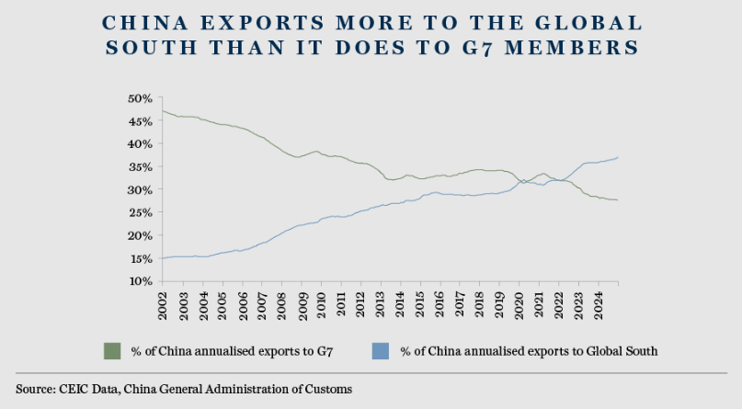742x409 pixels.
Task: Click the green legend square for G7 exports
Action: pyautogui.click(x=112, y=350)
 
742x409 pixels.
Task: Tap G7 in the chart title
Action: pyautogui.click(x=479, y=47)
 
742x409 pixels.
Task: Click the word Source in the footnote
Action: pyautogui.click(x=36, y=390)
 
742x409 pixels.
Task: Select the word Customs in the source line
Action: pyautogui.click(x=327, y=390)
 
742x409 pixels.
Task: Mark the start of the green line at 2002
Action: pyautogui.click(x=163, y=111)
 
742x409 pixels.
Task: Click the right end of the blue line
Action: pyautogui.click(x=618, y=157)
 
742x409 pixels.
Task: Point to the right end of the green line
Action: pyautogui.click(x=618, y=200)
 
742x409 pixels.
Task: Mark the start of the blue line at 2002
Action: pyautogui.click(x=163, y=258)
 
